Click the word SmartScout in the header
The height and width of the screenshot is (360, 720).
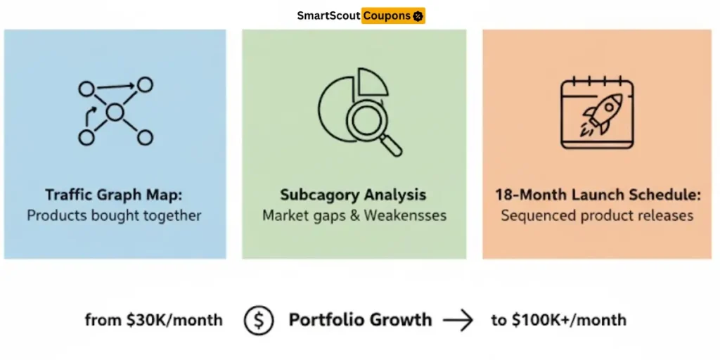click(328, 15)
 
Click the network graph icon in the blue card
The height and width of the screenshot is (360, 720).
click(115, 112)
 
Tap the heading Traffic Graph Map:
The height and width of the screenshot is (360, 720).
click(115, 195)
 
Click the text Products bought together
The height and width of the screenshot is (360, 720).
click(115, 215)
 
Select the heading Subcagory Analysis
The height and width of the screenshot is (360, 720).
click(354, 195)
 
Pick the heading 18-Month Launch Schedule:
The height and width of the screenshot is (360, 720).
click(598, 195)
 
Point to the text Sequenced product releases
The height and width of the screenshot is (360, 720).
click(598, 215)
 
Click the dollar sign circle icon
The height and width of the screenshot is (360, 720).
click(259, 320)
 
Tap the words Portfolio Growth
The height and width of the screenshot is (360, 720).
click(360, 320)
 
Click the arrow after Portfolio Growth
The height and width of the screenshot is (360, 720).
click(458, 321)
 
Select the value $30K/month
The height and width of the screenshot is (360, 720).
click(174, 320)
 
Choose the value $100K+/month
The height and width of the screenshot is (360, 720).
click(568, 320)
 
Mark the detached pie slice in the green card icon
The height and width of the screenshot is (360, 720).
click(373, 82)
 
